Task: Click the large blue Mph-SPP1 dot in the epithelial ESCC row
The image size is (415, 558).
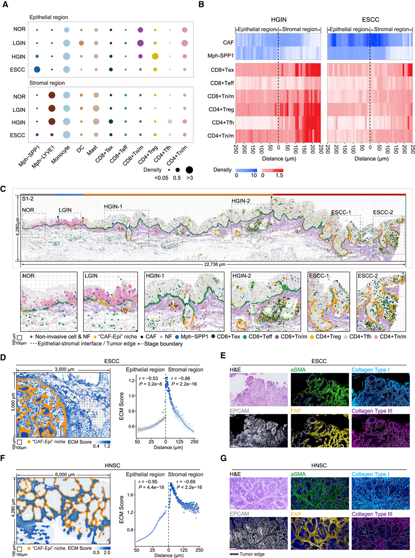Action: point(37,70)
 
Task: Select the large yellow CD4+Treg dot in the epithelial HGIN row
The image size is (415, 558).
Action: point(155,57)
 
